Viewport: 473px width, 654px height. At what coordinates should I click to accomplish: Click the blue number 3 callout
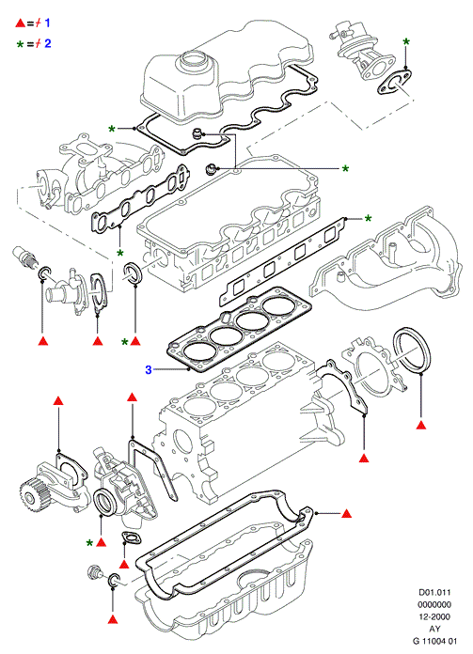coord(149,369)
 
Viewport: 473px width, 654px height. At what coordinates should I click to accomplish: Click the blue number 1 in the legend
coord(47,23)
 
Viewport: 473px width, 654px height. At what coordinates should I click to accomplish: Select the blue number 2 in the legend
coord(48,43)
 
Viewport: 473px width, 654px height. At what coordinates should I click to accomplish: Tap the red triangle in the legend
coord(21,23)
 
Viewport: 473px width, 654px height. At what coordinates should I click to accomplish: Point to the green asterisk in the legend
coord(20,44)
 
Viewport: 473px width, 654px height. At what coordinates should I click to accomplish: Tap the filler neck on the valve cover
coord(193,61)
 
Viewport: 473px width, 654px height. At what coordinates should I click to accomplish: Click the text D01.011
coord(434,592)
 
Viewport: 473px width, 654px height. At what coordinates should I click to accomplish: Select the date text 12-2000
coord(434,616)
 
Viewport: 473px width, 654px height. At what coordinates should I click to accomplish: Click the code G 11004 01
coord(434,641)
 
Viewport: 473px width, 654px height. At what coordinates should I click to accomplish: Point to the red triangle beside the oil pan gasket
coord(346,513)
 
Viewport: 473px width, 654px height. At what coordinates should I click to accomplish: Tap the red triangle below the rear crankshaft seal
coord(421,425)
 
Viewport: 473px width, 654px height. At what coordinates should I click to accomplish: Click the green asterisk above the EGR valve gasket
coord(406,41)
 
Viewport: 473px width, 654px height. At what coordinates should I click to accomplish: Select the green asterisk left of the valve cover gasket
coord(112,130)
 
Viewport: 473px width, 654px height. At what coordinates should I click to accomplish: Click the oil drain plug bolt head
coord(93,572)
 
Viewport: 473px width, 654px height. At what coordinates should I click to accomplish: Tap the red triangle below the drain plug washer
coord(113,619)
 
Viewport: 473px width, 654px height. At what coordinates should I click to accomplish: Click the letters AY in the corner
coord(434,629)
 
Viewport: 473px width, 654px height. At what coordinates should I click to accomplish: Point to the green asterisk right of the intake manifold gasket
coord(369,219)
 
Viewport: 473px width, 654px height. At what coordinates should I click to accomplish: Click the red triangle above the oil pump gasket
coord(58,401)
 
